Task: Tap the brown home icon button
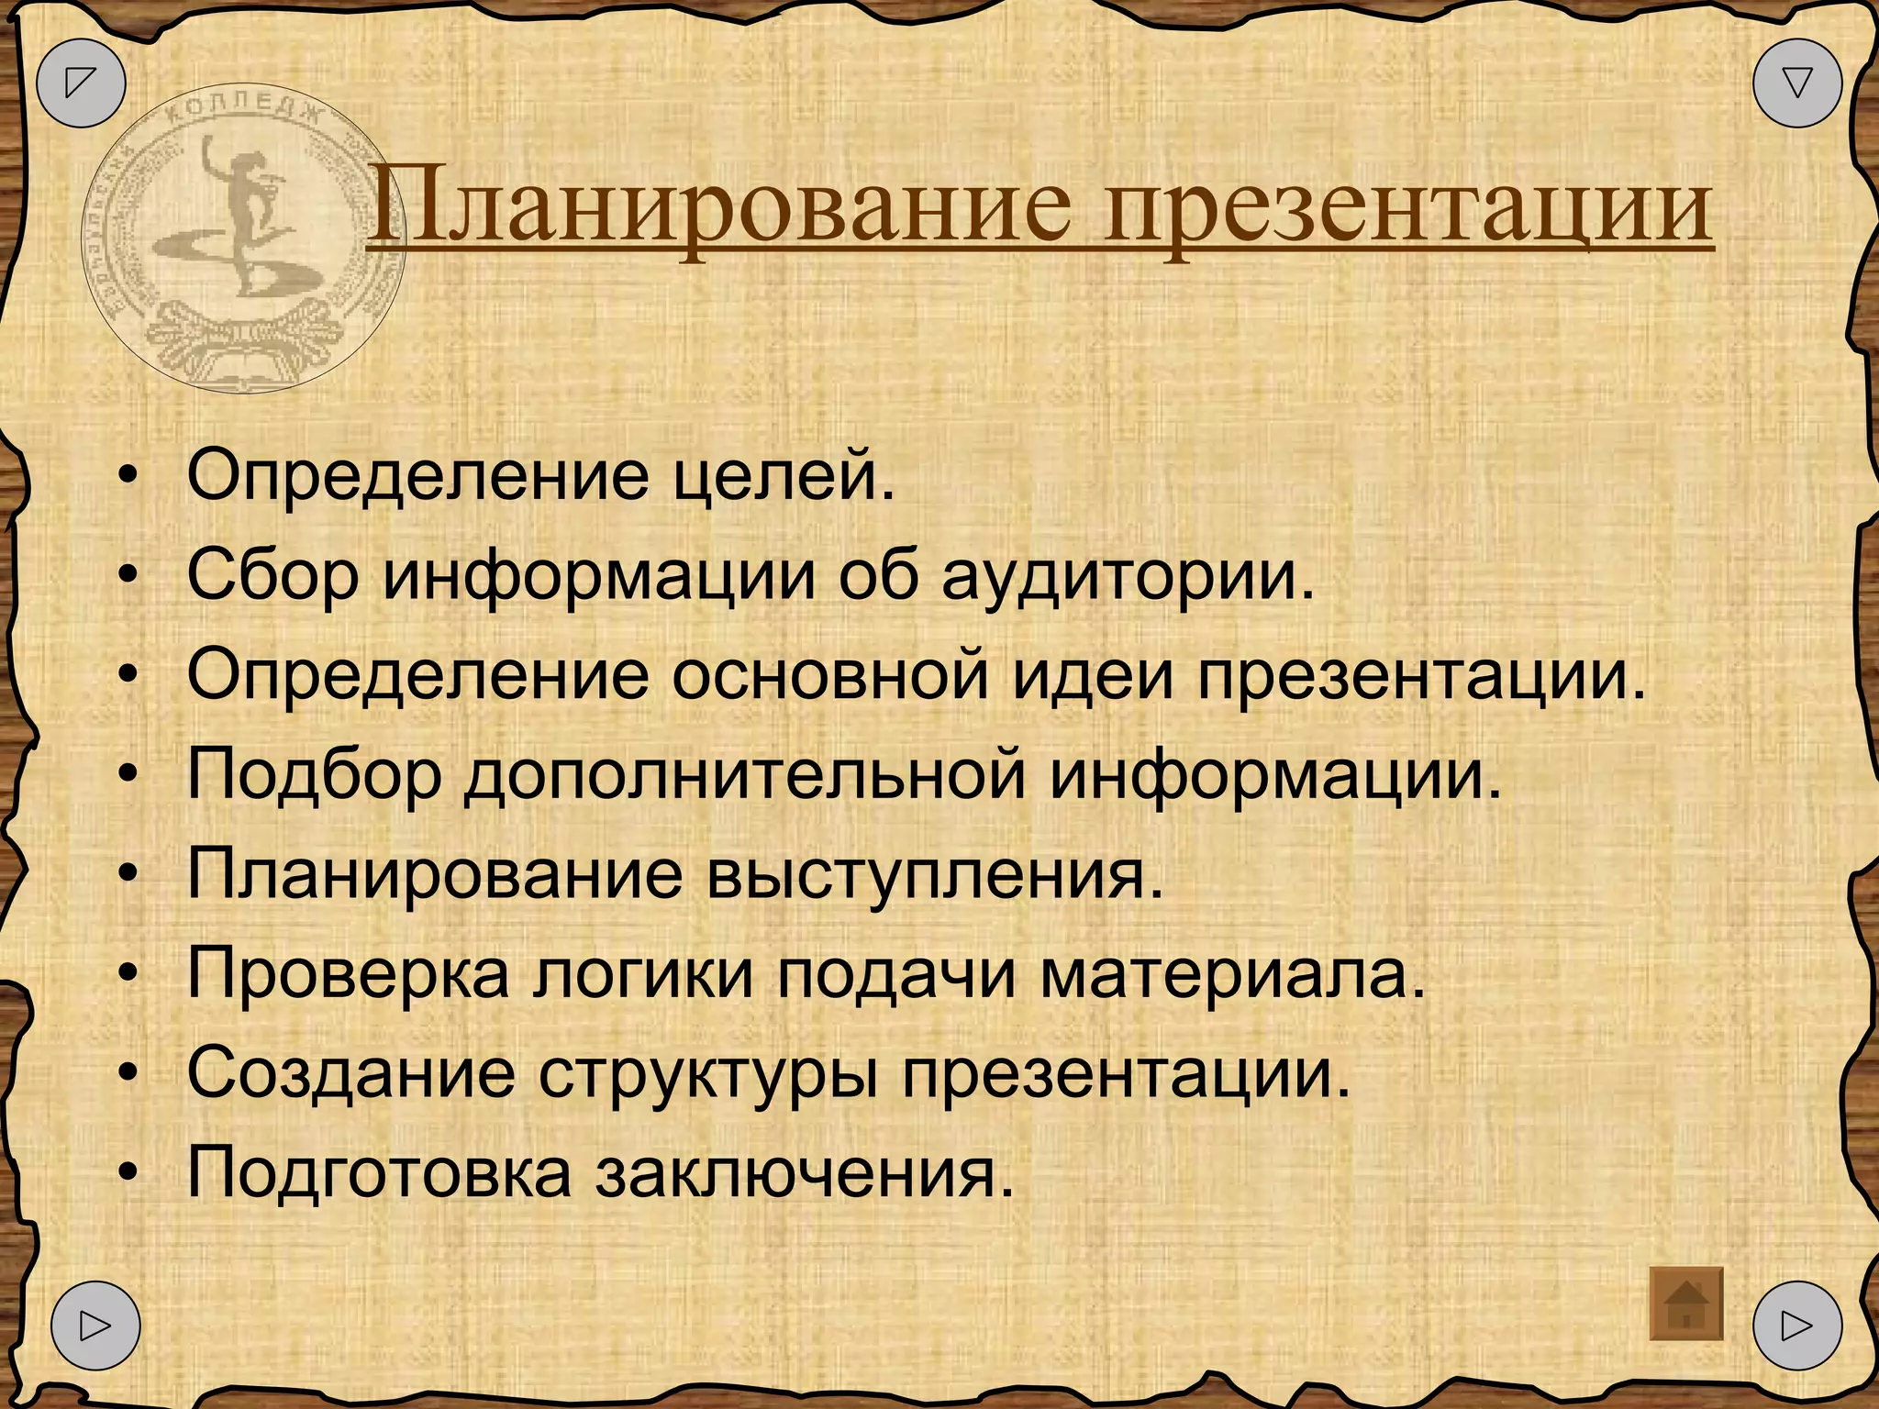pyautogui.click(x=1686, y=1304)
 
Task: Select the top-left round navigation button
pyautogui.click(x=81, y=83)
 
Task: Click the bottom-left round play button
pyautogui.click(x=95, y=1326)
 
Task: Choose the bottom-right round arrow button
pyautogui.click(x=1796, y=1326)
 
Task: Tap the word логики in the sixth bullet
pyautogui.click(x=642, y=975)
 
